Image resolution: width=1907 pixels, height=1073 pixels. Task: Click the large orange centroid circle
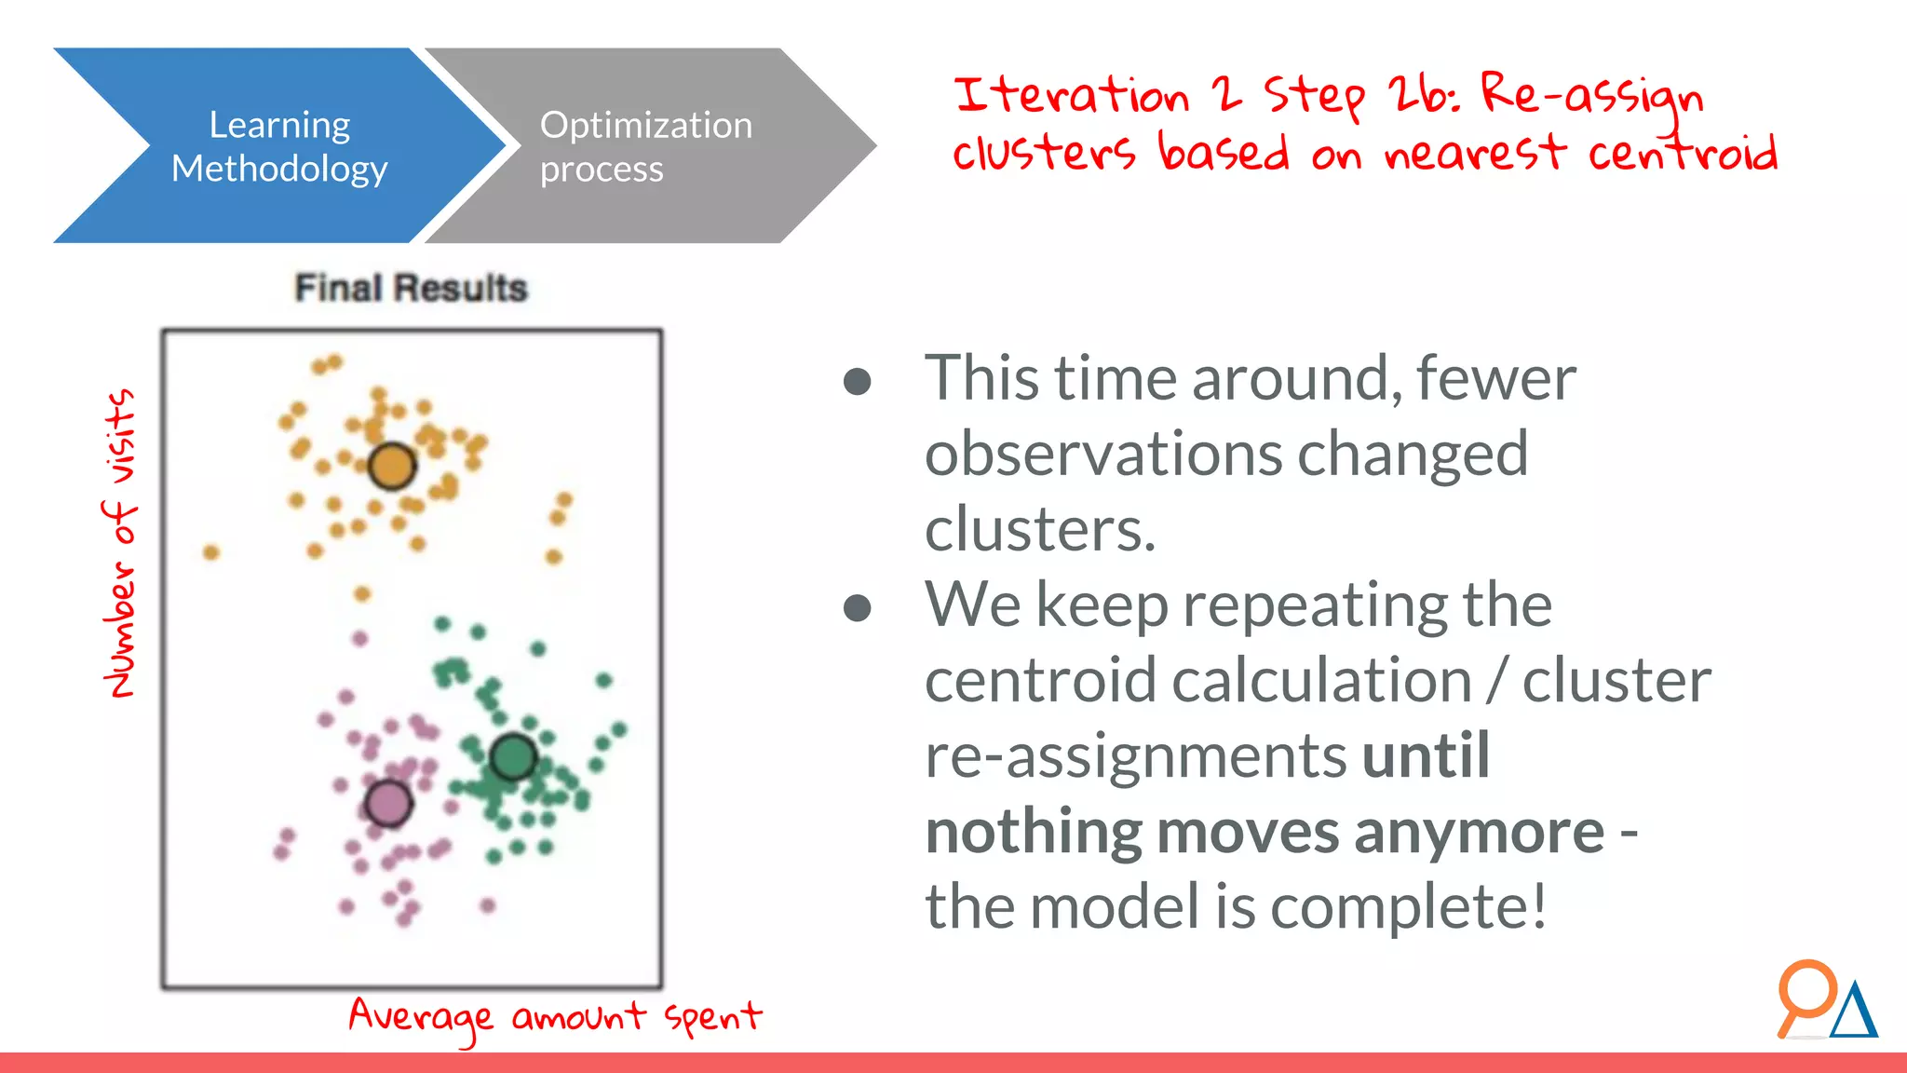pos(391,466)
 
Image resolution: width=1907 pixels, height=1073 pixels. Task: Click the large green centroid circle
pos(512,756)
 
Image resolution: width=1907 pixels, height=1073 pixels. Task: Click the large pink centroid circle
pos(388,803)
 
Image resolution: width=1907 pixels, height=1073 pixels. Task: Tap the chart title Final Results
pos(411,288)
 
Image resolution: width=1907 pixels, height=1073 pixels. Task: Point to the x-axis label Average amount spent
pos(555,1017)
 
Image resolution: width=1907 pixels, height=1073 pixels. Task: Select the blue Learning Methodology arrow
pos(279,146)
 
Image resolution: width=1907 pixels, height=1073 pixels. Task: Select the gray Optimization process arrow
pos(645,146)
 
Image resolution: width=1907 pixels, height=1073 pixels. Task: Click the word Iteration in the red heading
pos(1071,95)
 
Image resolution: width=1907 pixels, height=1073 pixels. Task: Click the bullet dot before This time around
pos(857,381)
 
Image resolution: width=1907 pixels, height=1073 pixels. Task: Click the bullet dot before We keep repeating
pos(857,608)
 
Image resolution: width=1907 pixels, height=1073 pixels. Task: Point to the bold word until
pos(1426,755)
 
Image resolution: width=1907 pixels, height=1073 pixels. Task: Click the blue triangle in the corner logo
pos(1854,1013)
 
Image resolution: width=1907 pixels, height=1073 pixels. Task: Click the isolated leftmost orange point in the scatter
pos(211,552)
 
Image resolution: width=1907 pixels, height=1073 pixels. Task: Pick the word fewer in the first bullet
pos(1495,379)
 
